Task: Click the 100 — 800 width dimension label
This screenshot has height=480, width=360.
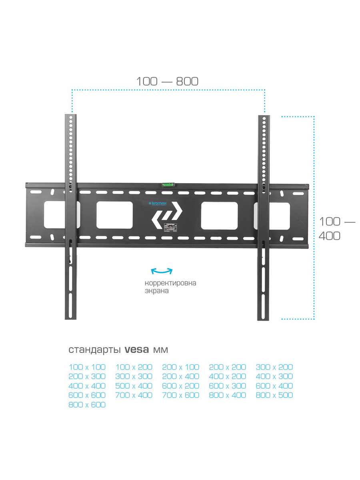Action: pos(167,81)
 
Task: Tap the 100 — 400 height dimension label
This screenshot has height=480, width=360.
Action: pos(336,228)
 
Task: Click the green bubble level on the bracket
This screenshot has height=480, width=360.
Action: pos(166,184)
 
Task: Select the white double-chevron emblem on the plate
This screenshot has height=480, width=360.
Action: pos(166,218)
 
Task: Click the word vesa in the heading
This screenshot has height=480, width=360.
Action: pos(137,350)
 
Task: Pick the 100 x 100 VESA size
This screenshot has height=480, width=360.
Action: pos(87,367)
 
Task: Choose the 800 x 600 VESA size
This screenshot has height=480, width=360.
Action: pos(87,405)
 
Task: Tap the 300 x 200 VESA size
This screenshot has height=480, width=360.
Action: pos(274,367)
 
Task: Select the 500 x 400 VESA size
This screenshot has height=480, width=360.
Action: pos(134,386)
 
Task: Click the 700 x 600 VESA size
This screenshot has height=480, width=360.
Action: pos(181,395)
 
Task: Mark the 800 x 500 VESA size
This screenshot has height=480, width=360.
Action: pos(274,395)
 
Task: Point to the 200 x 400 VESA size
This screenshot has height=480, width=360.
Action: pos(181,376)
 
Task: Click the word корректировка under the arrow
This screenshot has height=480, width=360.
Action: pos(170,283)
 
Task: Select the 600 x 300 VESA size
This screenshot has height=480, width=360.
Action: pos(228,386)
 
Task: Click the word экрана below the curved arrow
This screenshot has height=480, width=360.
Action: pos(157,291)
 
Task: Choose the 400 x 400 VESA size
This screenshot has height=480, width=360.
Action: pos(87,386)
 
